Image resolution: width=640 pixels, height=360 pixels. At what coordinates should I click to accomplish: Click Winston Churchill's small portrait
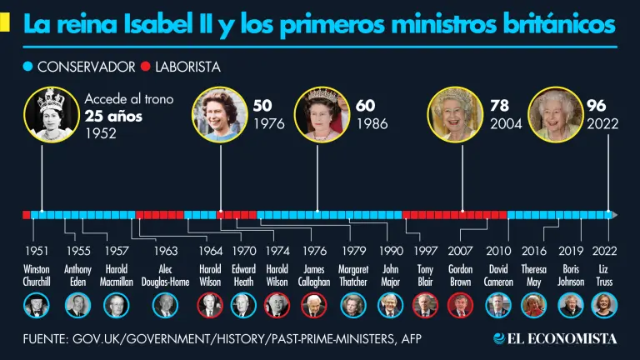click(x=37, y=306)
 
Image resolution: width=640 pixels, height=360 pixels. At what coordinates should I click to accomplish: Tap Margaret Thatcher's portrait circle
click(x=353, y=306)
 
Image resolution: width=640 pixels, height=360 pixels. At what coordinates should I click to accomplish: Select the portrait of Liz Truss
click(x=604, y=306)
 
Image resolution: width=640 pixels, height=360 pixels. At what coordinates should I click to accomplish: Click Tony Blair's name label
click(x=426, y=276)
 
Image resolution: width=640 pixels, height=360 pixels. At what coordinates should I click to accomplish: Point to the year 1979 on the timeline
click(x=354, y=250)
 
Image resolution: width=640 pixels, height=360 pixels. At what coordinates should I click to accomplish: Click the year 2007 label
click(x=461, y=250)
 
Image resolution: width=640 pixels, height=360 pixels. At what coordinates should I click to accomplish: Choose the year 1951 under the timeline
click(x=37, y=250)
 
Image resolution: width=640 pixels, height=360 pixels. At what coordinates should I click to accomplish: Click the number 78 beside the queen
click(x=500, y=107)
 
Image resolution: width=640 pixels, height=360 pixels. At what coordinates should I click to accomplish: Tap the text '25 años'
click(x=113, y=116)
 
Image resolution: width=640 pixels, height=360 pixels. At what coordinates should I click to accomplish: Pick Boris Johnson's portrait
click(x=570, y=306)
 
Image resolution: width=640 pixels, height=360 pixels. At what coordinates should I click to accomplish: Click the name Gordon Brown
click(x=461, y=276)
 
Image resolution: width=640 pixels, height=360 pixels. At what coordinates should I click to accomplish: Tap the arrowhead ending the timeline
click(x=614, y=215)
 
